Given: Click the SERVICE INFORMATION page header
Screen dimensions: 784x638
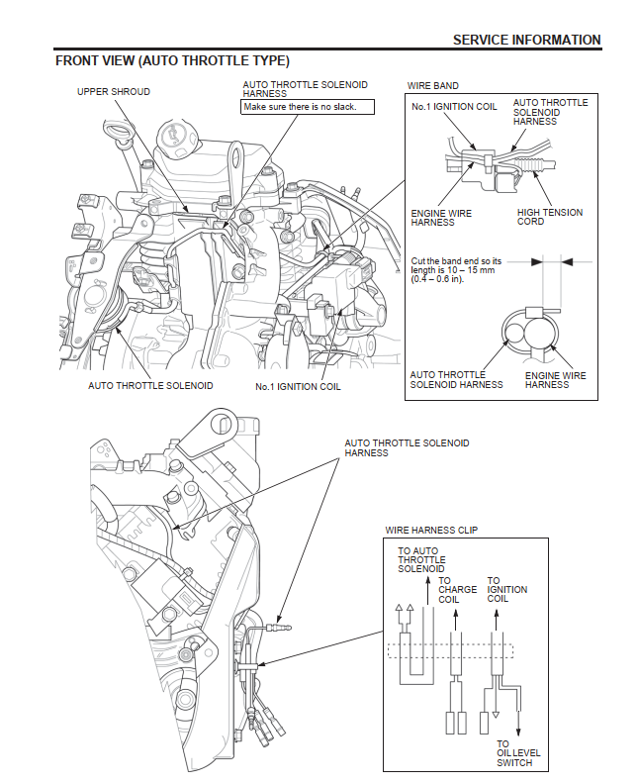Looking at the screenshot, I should [526, 40].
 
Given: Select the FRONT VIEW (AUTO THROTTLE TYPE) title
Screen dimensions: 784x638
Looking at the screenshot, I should [172, 61].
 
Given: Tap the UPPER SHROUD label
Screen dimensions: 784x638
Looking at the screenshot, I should [114, 91].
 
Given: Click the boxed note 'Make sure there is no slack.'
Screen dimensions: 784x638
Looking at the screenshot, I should [301, 106].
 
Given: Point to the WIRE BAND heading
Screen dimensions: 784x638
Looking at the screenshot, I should [432, 86].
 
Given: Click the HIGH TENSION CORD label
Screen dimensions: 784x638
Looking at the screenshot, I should [549, 217].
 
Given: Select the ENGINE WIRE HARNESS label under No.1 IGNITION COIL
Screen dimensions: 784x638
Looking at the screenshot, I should [441, 217].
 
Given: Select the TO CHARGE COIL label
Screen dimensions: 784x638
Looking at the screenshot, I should [457, 590].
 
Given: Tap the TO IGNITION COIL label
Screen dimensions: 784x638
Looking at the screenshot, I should [507, 590].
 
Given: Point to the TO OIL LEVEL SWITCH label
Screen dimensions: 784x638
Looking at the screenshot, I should [514, 753].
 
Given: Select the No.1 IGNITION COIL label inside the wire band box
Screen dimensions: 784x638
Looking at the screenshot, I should [454, 107].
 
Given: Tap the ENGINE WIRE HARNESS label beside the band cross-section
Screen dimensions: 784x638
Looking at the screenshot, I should [547, 380].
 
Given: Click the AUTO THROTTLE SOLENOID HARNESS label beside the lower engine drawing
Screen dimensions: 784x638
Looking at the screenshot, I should [407, 447].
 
